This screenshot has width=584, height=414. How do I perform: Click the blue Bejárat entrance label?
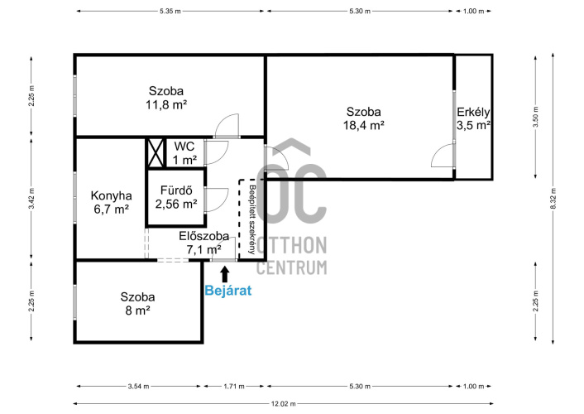pos(228,290)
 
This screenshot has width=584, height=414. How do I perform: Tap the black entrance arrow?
pos(225,274)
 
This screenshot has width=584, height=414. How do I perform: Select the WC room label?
pos(184,146)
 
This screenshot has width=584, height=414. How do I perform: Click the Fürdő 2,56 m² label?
pos(176,197)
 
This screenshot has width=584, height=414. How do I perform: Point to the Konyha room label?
pos(112,195)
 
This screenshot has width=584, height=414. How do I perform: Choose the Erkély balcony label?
pos(473,112)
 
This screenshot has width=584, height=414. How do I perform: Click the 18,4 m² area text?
pos(363,125)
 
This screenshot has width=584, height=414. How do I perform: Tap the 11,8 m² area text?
pos(166,105)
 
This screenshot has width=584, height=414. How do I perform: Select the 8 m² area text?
pos(138,310)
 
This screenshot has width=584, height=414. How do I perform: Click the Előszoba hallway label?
pos(203,236)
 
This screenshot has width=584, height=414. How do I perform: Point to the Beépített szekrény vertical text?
pos(253,219)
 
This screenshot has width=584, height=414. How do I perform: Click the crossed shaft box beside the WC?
pos(156,153)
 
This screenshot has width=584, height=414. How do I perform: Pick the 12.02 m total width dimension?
pos(284,403)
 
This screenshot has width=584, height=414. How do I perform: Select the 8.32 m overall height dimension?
pos(553,199)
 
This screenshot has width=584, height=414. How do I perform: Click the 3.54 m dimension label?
pos(138,387)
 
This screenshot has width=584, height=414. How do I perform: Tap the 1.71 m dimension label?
pos(234,387)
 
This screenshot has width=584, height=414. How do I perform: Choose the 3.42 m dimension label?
pos(31,199)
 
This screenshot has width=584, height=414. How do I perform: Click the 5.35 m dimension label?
pos(170,12)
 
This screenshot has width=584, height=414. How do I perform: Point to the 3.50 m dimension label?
pos(535,117)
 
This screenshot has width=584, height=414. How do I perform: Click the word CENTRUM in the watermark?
pos(292,267)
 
